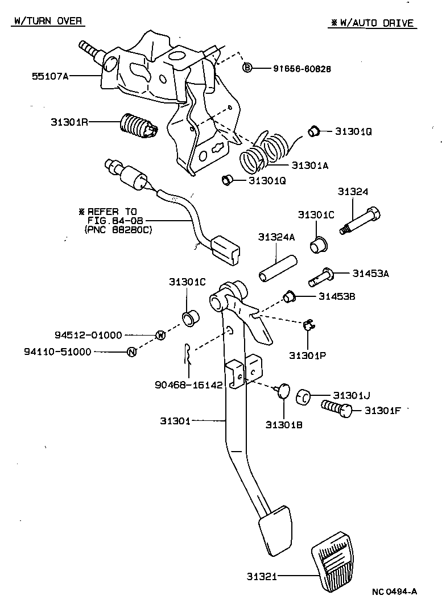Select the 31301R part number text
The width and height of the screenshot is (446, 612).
pos(68,122)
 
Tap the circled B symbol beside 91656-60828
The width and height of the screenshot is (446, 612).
pos(247,68)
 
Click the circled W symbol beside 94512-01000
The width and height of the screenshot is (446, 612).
pos(160,335)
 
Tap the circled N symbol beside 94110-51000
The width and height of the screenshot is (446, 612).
pos(131,352)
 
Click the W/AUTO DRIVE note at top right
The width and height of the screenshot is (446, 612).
pos(373,23)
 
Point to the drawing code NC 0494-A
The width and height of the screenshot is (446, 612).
pos(395,592)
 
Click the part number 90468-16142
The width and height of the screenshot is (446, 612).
pos(188,384)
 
